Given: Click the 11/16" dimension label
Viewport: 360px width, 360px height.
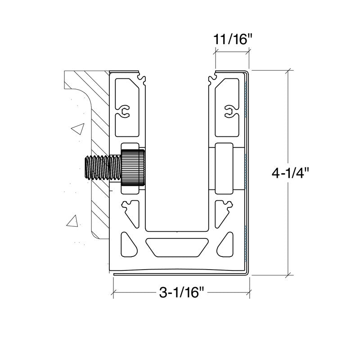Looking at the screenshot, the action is pyautogui.click(x=233, y=39).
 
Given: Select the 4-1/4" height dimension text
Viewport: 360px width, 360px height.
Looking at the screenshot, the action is pyautogui.click(x=291, y=173).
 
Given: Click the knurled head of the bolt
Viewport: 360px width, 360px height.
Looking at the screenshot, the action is pyautogui.click(x=133, y=167).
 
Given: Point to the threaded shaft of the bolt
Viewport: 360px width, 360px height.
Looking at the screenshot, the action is pyautogui.click(x=103, y=167).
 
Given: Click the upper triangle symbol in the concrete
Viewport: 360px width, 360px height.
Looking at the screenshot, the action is pyautogui.click(x=78, y=129).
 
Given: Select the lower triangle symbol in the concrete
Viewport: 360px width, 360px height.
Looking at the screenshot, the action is pyautogui.click(x=72, y=221).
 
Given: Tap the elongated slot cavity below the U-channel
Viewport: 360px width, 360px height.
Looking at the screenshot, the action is pyautogui.click(x=177, y=247).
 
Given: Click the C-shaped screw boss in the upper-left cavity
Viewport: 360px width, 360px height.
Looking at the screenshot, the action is pyautogui.click(x=125, y=111).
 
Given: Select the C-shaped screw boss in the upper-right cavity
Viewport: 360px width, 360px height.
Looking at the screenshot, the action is pyautogui.click(x=229, y=111).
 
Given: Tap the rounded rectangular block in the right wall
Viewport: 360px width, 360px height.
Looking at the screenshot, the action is pyautogui.click(x=224, y=168).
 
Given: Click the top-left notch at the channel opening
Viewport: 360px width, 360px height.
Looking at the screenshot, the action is pyautogui.click(x=141, y=77).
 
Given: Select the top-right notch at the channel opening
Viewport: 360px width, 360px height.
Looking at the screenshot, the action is pyautogui.click(x=213, y=77).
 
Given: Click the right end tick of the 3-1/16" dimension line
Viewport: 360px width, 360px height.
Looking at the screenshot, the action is pyautogui.click(x=249, y=292).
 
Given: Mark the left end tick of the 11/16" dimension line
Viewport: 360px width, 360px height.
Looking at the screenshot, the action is pyautogui.click(x=216, y=52).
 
